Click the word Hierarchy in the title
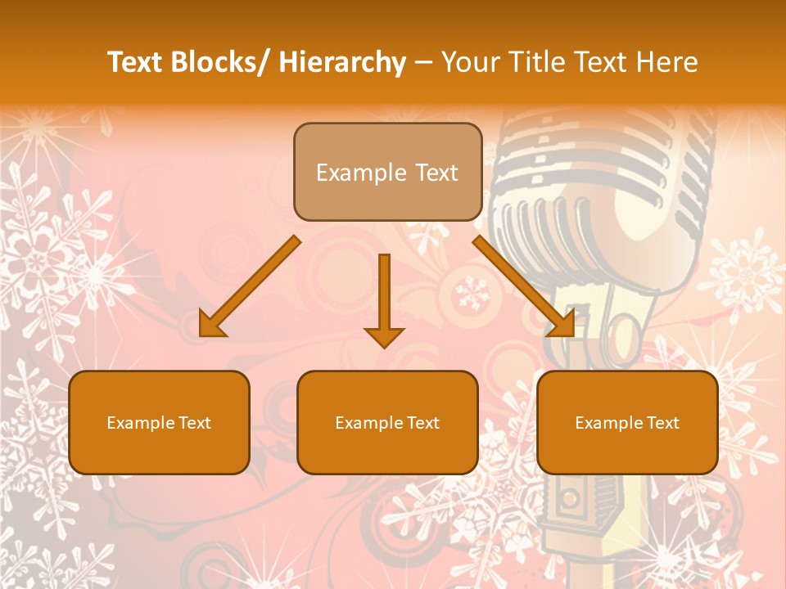point(342,63)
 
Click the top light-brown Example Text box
point(387,172)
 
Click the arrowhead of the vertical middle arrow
point(384,336)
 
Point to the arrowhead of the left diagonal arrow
point(210,326)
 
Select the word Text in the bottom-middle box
point(422,423)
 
